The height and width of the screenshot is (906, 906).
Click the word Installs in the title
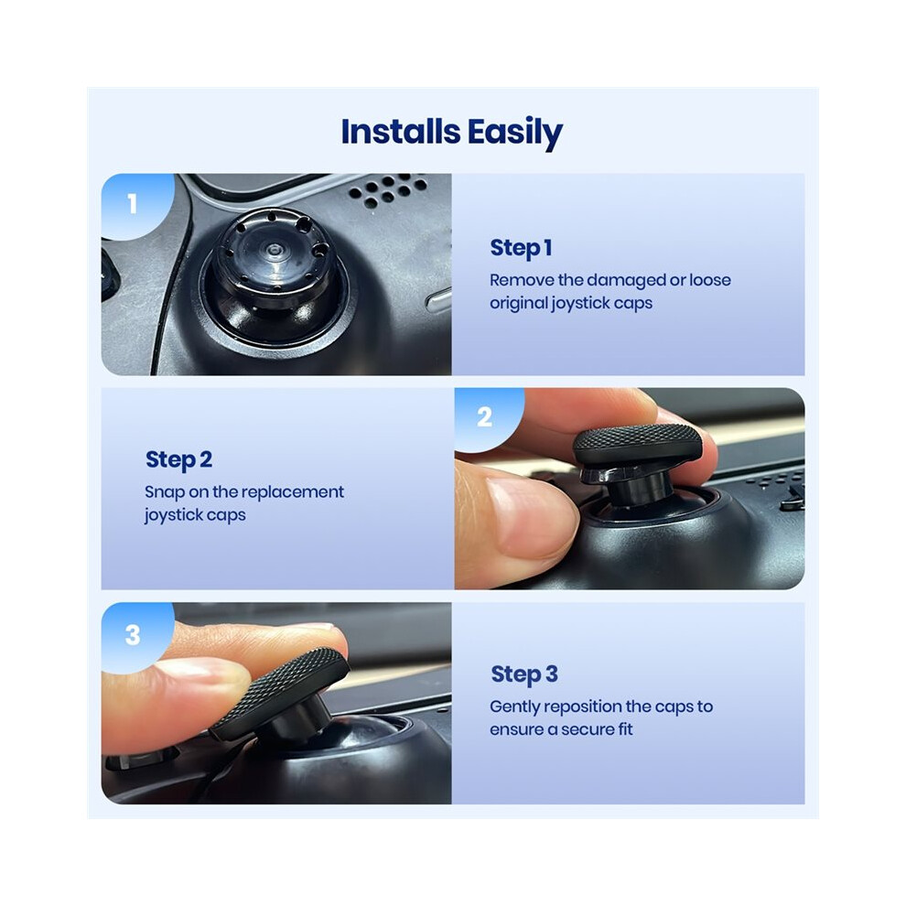point(401,131)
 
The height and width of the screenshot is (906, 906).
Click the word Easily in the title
point(515,134)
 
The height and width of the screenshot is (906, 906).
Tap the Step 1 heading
point(521,248)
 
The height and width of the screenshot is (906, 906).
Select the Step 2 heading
point(178,460)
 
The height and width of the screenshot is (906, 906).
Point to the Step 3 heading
point(524,674)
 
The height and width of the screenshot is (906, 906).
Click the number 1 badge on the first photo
point(133,203)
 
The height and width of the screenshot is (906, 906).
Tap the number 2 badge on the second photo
point(485,416)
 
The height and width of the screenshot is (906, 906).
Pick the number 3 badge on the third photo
point(133,634)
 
